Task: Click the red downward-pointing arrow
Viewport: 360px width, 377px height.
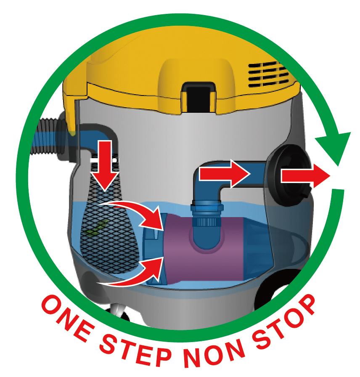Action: (x=105, y=166)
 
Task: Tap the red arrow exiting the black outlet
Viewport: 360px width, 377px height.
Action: (x=305, y=175)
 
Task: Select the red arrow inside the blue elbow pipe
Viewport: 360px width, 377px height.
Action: (x=225, y=173)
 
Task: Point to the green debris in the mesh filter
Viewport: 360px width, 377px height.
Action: (x=97, y=227)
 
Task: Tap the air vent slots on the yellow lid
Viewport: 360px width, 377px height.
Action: (x=268, y=74)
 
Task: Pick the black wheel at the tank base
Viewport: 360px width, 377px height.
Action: (x=276, y=289)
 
